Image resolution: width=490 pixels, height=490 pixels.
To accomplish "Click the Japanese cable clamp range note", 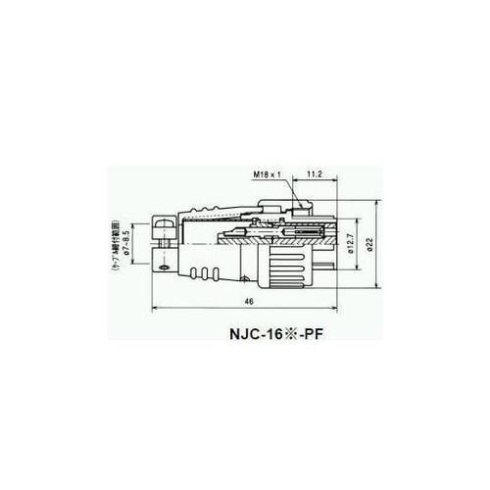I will tap(115, 240).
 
